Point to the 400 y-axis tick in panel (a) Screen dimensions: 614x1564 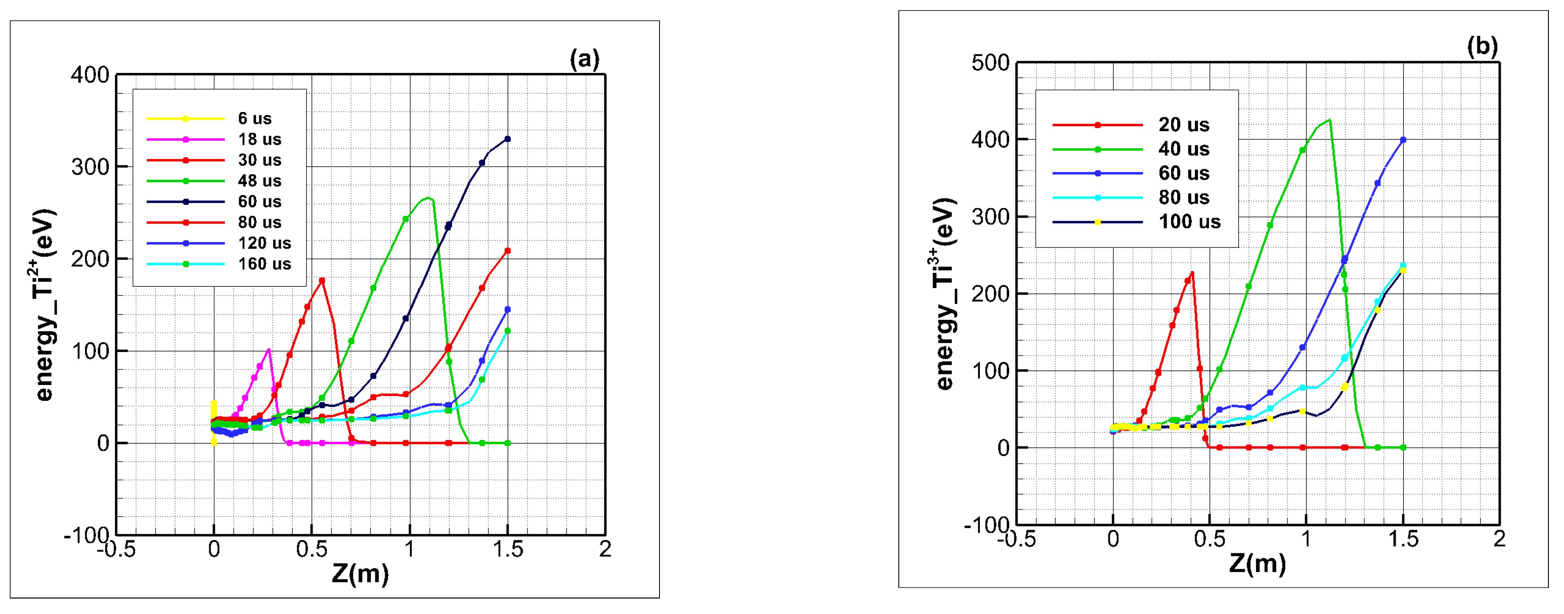click(90, 75)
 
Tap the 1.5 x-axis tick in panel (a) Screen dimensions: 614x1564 click(507, 550)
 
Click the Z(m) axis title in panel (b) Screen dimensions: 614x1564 click(1257, 563)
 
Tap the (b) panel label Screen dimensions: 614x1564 click(1482, 47)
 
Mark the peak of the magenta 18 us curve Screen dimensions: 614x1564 click(268, 350)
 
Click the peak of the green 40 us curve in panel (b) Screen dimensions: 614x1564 click(1330, 119)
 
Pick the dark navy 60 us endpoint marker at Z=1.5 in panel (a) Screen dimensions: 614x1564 click(507, 139)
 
